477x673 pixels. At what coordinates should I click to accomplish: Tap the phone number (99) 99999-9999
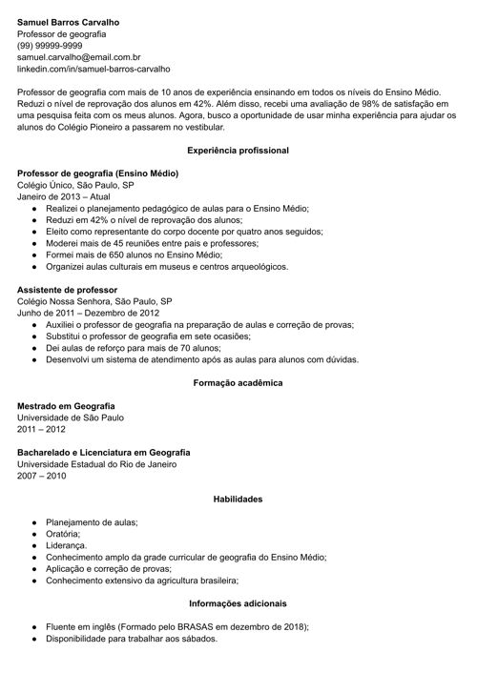50,45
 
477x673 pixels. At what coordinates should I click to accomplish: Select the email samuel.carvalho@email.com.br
79,57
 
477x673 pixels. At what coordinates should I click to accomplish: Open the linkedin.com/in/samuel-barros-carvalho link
93,70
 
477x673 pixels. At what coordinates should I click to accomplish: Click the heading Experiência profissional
238,151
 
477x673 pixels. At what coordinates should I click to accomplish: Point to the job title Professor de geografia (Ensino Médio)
97,174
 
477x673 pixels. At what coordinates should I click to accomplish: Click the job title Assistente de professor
68,288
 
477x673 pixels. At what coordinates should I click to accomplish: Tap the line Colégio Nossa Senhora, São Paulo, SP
94,300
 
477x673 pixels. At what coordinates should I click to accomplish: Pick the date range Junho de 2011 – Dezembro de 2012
88,313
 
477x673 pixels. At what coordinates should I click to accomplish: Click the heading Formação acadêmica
238,383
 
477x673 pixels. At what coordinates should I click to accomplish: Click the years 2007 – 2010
42,476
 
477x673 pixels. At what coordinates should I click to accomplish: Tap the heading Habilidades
238,500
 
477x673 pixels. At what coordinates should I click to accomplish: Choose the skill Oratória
66,534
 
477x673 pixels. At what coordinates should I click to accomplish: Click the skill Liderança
68,546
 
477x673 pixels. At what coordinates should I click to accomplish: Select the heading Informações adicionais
238,603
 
